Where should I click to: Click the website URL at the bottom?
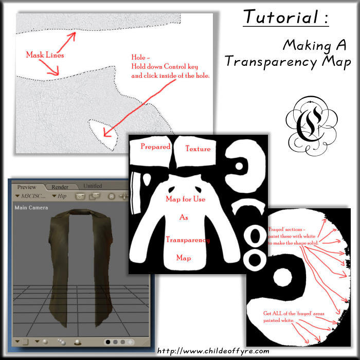(x=212, y=351)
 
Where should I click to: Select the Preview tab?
(x=27, y=187)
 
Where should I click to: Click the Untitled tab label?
(x=93, y=186)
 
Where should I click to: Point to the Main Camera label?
(x=31, y=208)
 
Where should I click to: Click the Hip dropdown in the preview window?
(x=61, y=196)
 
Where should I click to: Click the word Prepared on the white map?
(x=155, y=147)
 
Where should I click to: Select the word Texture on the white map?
(x=197, y=149)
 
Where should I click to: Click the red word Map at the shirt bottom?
(x=184, y=257)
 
